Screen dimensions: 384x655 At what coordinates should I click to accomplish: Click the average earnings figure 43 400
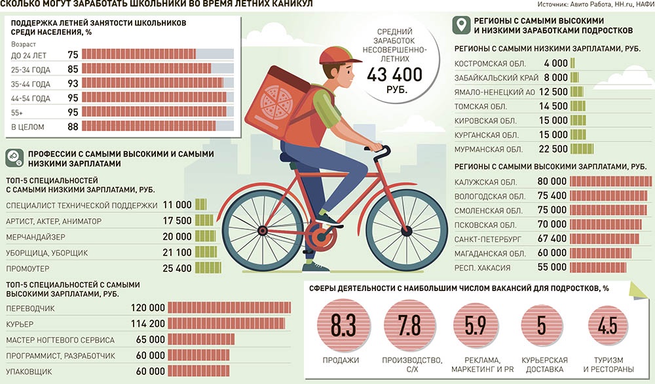pyautogui.click(x=395, y=75)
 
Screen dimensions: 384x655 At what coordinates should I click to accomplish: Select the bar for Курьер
pyautogui.click(x=227, y=324)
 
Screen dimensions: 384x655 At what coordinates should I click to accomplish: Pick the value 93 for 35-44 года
pyautogui.click(x=73, y=83)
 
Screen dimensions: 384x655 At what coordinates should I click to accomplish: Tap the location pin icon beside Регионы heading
pyautogui.click(x=461, y=25)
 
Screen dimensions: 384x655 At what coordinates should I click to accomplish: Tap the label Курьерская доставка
pyautogui.click(x=544, y=365)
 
